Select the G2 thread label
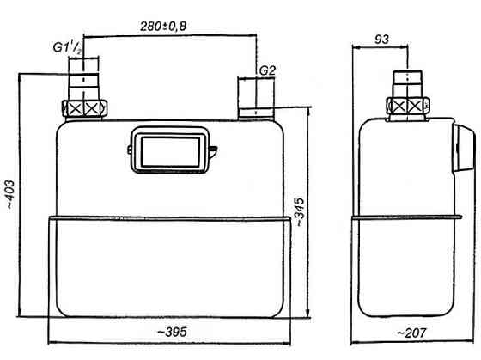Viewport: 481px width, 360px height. pos(266,69)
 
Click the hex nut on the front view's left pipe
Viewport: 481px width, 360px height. pos(82,109)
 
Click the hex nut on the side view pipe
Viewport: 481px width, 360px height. pos(410,106)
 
